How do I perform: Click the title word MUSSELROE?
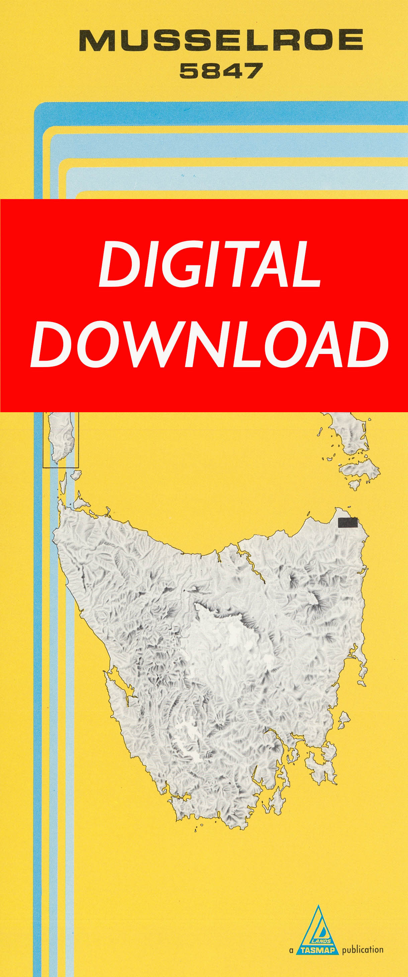point(221,41)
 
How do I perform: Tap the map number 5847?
point(221,71)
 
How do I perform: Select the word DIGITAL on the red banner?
point(210,264)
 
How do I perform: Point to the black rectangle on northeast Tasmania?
point(348,523)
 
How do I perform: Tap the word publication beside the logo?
point(363,950)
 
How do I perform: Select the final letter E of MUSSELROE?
point(351,41)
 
